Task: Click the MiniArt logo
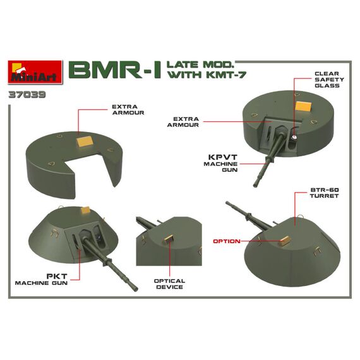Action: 35,72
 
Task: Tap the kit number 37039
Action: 27,95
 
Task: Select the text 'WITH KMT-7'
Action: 207,75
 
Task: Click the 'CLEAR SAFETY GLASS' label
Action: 329,80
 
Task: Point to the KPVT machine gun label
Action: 220,163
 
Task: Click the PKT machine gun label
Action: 41,279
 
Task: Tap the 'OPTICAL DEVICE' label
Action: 169,284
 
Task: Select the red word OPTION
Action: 227,241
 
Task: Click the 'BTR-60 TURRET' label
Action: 324,193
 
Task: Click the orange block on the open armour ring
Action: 85,141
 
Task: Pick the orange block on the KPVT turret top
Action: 303,106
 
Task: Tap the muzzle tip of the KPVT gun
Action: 256,185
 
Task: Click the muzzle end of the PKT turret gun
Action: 135,289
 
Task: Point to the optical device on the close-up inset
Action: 169,239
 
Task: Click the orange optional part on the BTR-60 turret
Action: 285,241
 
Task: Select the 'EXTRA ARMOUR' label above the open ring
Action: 128,110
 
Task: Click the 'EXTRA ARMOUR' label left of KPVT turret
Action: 183,122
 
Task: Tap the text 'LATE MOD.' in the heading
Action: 200,65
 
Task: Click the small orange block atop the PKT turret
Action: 86,210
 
